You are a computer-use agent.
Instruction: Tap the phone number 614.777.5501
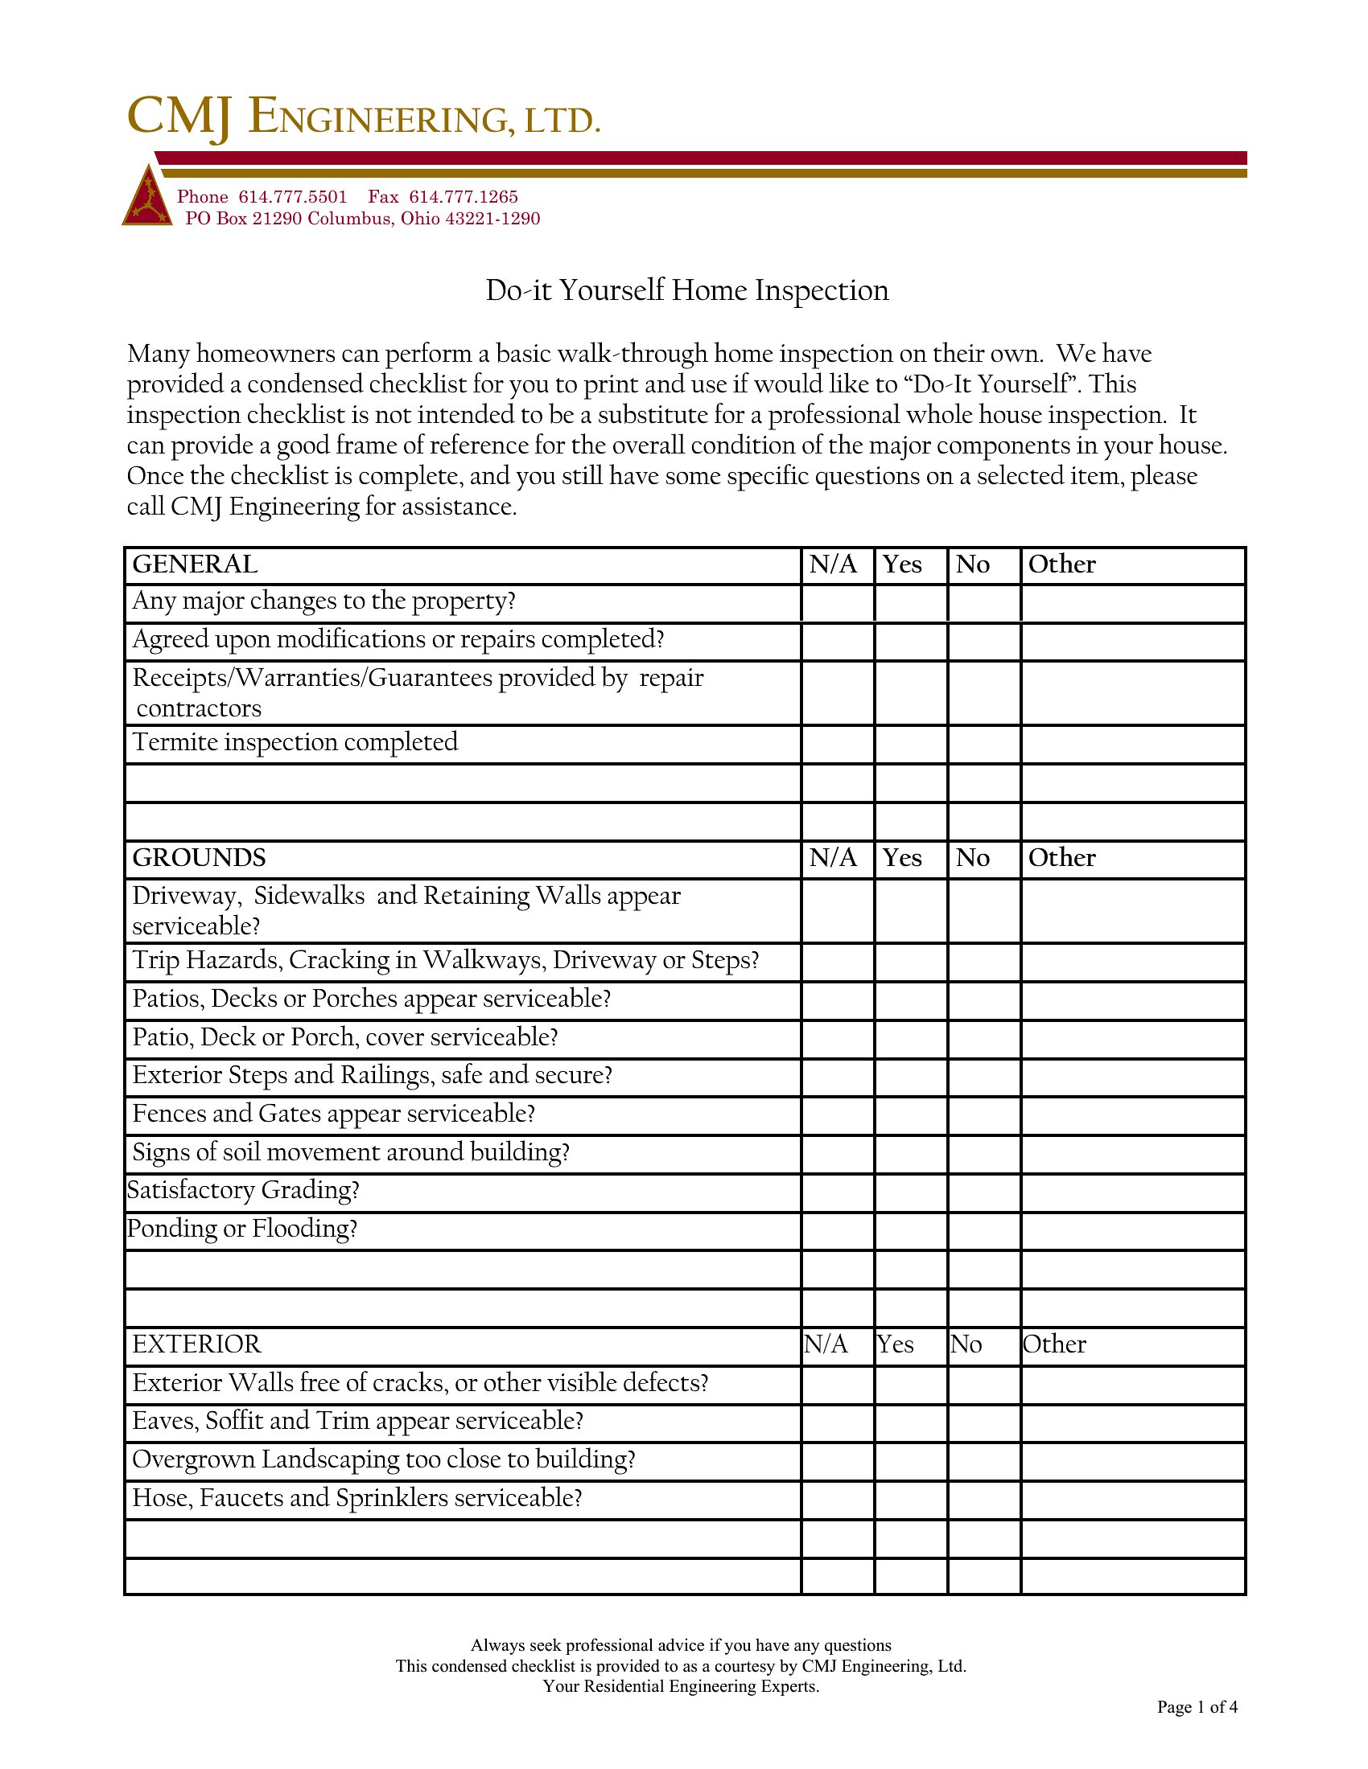pyautogui.click(x=293, y=197)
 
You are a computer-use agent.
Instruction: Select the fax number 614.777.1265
pyautogui.click(x=463, y=197)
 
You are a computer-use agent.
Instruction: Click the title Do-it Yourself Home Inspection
pyautogui.click(x=686, y=290)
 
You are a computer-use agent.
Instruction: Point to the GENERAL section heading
pyautogui.click(x=196, y=564)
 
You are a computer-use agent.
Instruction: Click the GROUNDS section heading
pyautogui.click(x=200, y=858)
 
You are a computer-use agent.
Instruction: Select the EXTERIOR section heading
pyautogui.click(x=197, y=1344)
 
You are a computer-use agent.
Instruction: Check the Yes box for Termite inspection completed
pyautogui.click(x=910, y=744)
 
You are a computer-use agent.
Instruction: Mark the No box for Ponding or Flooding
pyautogui.click(x=983, y=1230)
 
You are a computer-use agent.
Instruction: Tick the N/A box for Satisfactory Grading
pyautogui.click(x=837, y=1192)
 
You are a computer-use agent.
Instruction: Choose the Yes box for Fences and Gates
pyautogui.click(x=910, y=1115)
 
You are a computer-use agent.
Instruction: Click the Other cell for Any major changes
pyautogui.click(x=1132, y=602)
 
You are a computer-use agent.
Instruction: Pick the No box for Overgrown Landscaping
pyautogui.click(x=983, y=1460)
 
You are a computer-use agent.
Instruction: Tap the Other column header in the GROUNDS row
pyautogui.click(x=1061, y=858)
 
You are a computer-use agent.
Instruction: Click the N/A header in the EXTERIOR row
pyautogui.click(x=826, y=1344)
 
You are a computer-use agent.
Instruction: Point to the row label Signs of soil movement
pyautogui.click(x=351, y=1152)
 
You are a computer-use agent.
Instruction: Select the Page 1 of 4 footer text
pyautogui.click(x=1196, y=1707)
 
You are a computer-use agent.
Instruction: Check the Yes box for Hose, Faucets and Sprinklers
pyautogui.click(x=910, y=1500)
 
